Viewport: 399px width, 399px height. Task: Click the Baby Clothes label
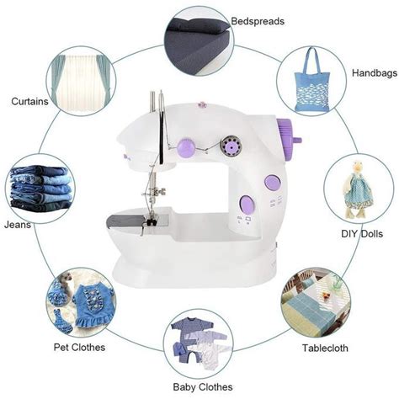pos(205,388)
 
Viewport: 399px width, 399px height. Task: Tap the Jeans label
pos(21,226)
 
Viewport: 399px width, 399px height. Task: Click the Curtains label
pos(29,102)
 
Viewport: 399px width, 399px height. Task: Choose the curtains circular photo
pos(82,84)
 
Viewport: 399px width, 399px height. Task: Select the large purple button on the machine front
pos(247,202)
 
